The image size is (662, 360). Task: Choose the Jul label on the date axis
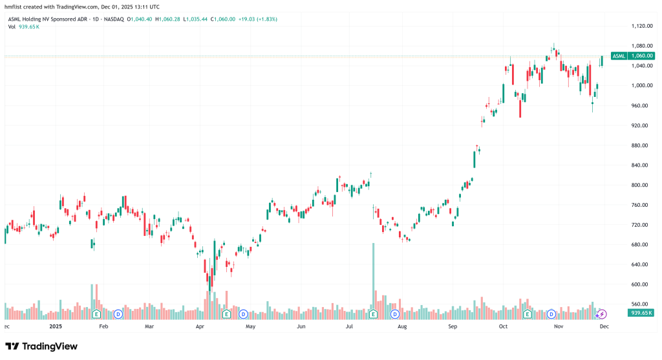coord(350,327)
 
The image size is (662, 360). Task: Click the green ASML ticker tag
coord(619,56)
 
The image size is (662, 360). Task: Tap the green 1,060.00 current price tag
coord(641,56)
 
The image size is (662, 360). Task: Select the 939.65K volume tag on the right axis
coord(641,313)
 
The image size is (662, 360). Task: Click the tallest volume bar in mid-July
coord(373,278)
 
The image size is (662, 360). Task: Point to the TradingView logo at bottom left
coord(41,346)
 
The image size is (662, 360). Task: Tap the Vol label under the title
coord(12,26)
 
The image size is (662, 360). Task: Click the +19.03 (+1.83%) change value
coord(257,19)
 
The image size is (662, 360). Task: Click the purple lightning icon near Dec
coord(601,314)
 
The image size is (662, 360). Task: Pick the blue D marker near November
coord(551,314)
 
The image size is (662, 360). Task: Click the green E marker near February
coord(96,314)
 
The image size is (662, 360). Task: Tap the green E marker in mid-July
coord(373,314)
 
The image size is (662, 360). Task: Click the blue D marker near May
coord(243,314)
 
